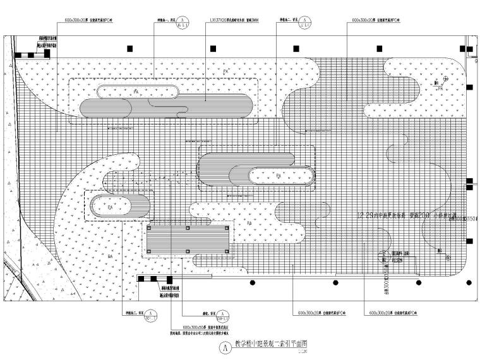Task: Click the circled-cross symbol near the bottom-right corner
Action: tap(449, 256)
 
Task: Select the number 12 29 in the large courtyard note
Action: tap(367, 216)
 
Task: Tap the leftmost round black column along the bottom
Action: tap(251, 282)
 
